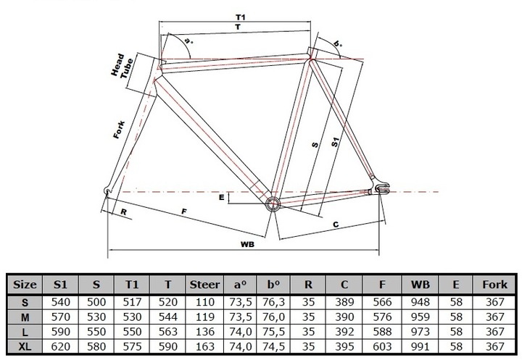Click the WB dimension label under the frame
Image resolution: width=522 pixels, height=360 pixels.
(247, 245)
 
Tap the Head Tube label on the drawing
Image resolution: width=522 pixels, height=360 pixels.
(123, 67)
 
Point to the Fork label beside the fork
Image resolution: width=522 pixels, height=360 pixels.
(119, 130)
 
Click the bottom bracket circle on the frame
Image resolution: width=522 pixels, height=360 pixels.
(273, 204)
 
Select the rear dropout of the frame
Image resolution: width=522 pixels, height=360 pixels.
(381, 188)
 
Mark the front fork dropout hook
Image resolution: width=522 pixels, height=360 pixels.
(107, 191)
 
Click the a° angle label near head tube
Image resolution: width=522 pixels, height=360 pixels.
(188, 41)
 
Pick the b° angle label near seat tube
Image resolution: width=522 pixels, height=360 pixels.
(338, 43)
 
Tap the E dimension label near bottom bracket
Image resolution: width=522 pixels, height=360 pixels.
(222, 198)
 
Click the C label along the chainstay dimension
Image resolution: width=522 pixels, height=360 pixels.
(336, 225)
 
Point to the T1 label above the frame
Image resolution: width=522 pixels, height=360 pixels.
(241, 17)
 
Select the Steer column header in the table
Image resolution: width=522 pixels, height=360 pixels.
(204, 285)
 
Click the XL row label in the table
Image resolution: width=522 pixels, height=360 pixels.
(25, 347)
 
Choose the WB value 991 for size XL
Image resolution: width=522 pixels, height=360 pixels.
(420, 347)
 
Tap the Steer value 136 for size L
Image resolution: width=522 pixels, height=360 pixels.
(204, 332)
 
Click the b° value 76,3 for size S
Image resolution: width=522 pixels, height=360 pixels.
(273, 302)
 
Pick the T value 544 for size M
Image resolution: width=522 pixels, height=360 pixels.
(167, 317)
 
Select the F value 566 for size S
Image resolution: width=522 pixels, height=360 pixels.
(382, 302)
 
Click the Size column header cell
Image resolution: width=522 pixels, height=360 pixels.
(25, 285)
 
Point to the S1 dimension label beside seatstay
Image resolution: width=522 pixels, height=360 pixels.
(335, 142)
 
